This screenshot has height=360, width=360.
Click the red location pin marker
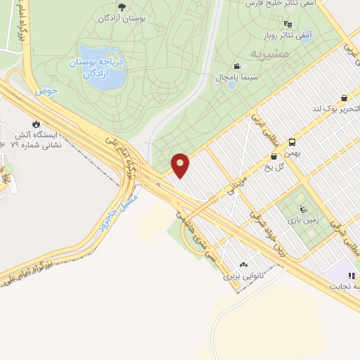[x=181, y=165]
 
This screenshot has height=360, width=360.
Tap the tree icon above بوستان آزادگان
[x=122, y=7]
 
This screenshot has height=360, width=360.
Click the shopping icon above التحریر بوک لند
[x=343, y=98]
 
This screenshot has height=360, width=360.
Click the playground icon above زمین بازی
[x=302, y=208]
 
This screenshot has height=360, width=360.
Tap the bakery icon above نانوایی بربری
[x=243, y=264]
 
